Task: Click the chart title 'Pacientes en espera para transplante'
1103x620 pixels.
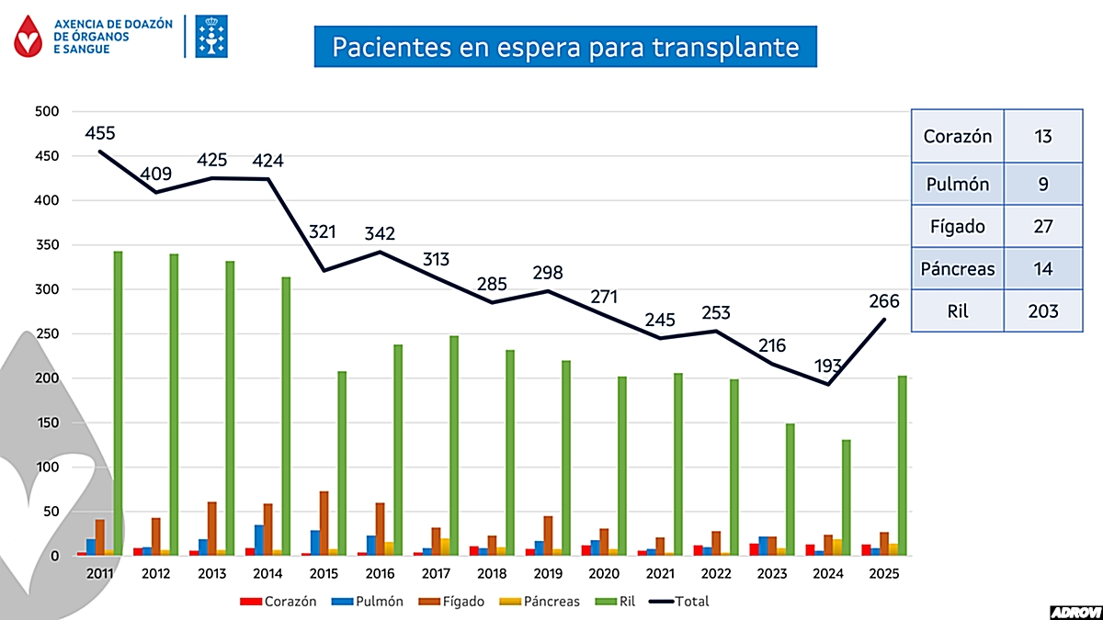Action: [x=565, y=46]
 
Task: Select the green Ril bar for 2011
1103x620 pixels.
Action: [x=118, y=404]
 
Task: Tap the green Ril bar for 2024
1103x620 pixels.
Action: [x=847, y=498]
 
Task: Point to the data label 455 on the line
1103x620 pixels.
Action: [x=100, y=133]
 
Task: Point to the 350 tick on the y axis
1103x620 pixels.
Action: [x=46, y=245]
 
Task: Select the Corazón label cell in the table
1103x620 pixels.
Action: [x=957, y=137]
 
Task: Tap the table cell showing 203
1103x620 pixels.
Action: [x=1042, y=311]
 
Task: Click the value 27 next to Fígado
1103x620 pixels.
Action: [x=1042, y=225]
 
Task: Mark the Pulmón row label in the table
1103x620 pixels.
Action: [x=957, y=184]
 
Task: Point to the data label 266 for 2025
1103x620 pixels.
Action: [x=882, y=300]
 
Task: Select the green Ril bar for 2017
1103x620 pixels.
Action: [x=454, y=445]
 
